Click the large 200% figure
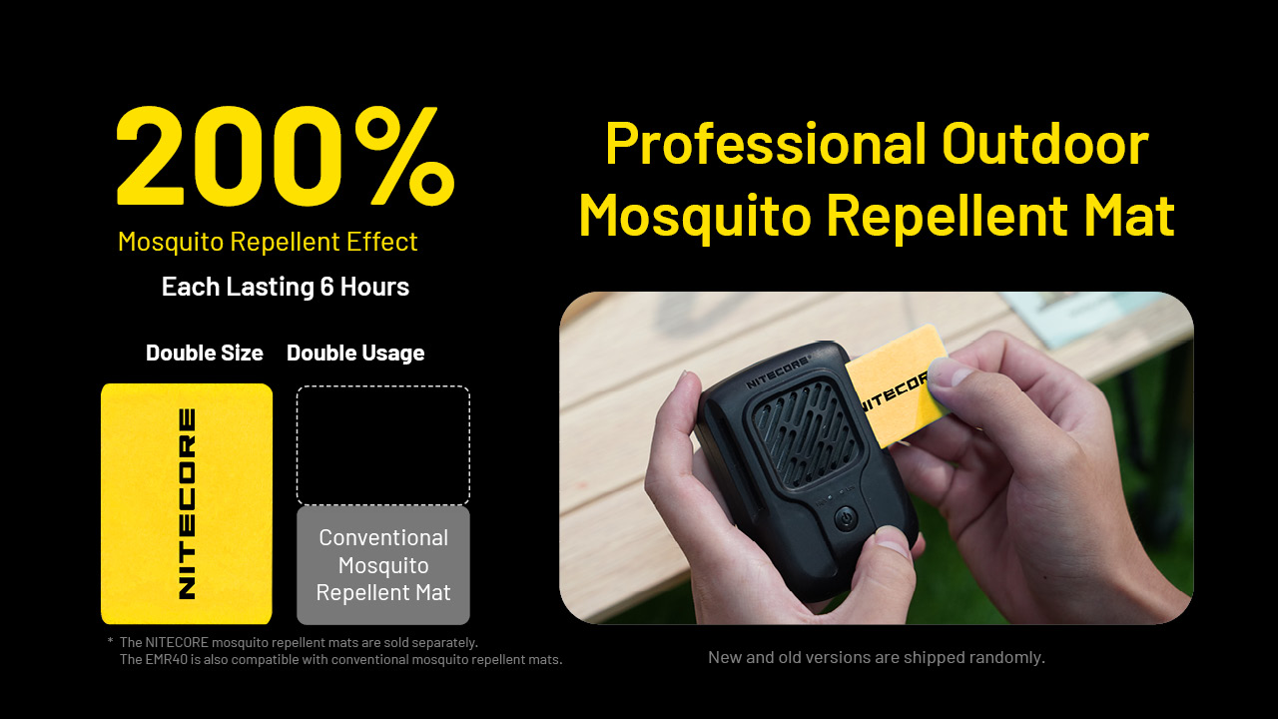click(x=286, y=156)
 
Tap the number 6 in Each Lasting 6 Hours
click(x=326, y=287)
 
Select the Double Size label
click(x=205, y=353)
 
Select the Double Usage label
click(x=355, y=354)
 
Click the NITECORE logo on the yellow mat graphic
click(x=187, y=503)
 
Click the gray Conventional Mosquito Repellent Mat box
click(x=383, y=565)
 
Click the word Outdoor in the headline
click(x=1044, y=144)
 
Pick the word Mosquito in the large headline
click(x=695, y=217)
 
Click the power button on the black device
click(x=846, y=518)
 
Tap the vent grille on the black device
click(x=806, y=432)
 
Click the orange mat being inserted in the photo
click(x=896, y=385)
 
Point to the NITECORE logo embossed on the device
click(x=778, y=373)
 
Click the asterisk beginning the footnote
click(x=110, y=642)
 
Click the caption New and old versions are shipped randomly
click(x=877, y=657)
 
